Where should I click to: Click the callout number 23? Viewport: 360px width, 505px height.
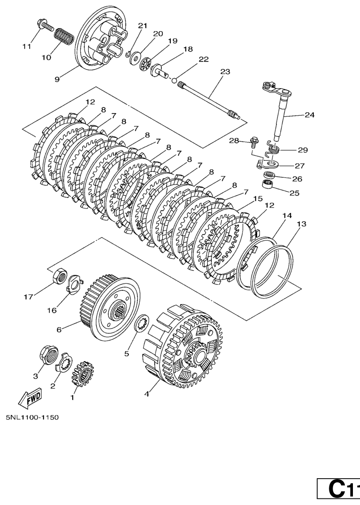225,72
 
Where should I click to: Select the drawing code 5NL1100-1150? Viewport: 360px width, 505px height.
32,417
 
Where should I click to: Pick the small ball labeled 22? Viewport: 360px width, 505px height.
175,80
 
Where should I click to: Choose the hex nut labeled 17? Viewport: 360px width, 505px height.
60,275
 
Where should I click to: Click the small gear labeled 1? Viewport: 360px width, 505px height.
83,373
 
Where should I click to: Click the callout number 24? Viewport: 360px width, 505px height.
310,115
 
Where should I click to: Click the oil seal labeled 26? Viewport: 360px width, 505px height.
269,176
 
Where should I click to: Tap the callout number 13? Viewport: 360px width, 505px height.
301,224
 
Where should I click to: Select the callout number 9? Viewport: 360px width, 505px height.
57,79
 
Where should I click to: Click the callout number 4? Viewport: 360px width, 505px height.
147,394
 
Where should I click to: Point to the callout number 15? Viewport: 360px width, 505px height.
258,199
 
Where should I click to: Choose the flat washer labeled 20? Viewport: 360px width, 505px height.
135,58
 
